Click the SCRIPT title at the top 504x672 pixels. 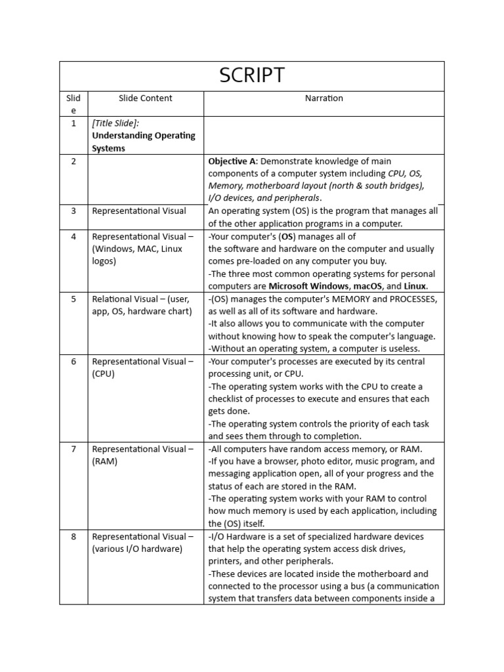point(252,75)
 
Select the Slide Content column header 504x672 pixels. point(145,98)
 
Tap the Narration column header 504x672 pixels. point(324,98)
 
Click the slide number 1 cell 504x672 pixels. point(73,123)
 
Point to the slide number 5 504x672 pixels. point(73,299)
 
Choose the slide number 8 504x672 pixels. point(73,536)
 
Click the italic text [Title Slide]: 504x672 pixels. point(115,123)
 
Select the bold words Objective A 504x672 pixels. point(232,161)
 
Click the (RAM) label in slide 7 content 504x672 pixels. point(105,461)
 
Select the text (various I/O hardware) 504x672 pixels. point(137,549)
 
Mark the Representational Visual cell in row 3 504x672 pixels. point(139,211)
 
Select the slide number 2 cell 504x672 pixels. point(73,161)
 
